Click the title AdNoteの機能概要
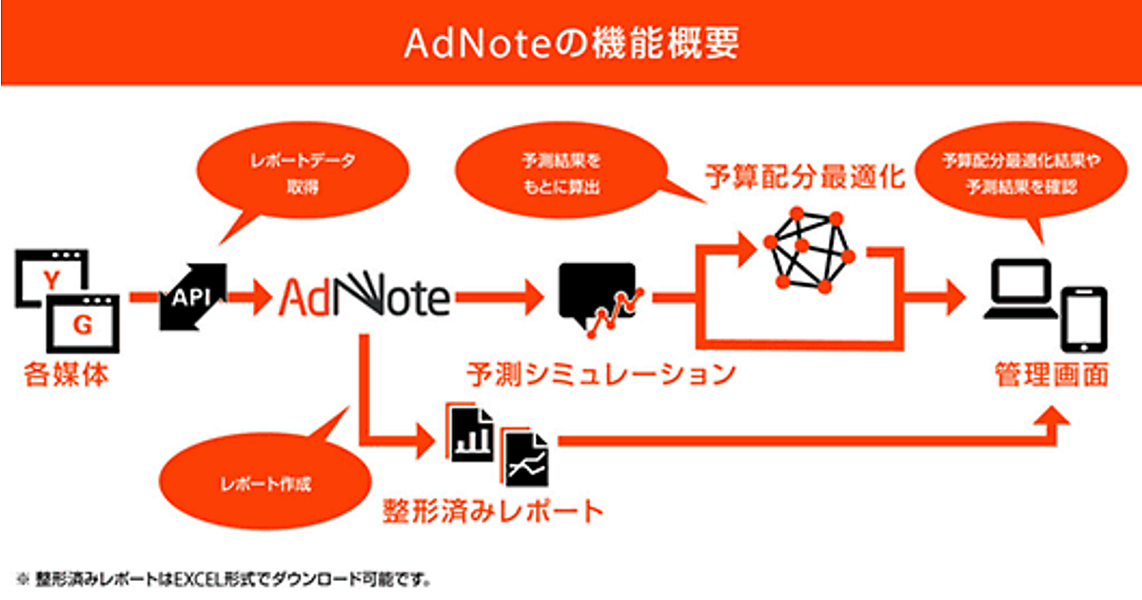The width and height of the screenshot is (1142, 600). (571, 43)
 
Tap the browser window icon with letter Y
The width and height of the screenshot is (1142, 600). (51, 278)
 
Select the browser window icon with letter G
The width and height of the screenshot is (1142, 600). (83, 324)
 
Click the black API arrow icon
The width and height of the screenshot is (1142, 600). (192, 297)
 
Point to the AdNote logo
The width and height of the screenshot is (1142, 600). (364, 296)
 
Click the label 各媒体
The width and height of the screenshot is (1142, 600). (67, 375)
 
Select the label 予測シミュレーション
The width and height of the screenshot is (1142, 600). (601, 374)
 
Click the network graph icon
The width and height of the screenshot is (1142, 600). (809, 250)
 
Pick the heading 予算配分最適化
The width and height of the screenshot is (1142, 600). (805, 177)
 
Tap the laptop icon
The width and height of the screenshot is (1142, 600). (1020, 290)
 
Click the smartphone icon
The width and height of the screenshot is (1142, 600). (1084, 320)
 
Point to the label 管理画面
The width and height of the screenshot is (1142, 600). (1052, 375)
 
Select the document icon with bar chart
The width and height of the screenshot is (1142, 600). (470, 432)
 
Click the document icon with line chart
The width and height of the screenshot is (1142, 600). (525, 457)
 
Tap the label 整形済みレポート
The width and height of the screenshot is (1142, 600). (493, 510)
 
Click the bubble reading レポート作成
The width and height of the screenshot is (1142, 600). (266, 482)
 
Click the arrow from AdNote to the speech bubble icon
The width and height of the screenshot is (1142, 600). (500, 297)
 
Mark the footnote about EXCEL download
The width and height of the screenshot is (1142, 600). (224, 580)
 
